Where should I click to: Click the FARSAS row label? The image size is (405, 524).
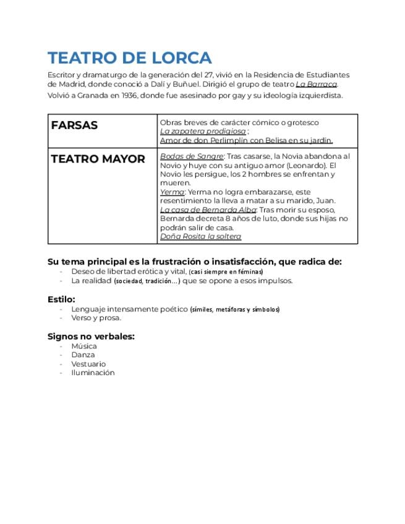74,125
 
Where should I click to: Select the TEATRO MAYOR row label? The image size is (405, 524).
98,159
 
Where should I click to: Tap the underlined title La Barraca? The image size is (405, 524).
316,84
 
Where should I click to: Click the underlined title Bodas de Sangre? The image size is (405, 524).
191,156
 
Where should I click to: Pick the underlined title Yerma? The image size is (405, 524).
172,192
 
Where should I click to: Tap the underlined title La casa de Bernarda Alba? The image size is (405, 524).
208,210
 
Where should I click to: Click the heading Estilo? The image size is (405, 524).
61,299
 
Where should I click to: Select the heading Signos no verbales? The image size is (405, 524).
91,336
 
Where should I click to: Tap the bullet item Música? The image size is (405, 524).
84,346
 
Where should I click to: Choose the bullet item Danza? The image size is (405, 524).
83,355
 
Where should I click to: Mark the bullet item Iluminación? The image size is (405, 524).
93,373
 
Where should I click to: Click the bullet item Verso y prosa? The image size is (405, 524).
96,318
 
